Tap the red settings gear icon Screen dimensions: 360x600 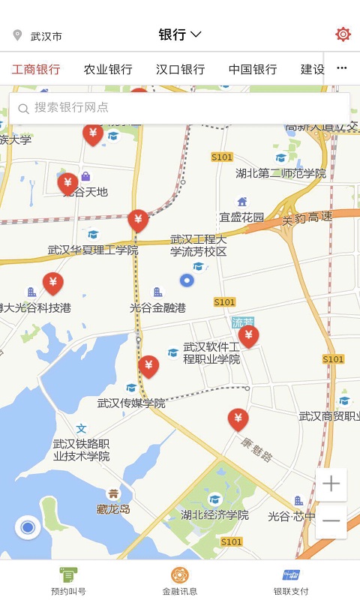343,34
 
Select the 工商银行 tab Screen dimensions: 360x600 36,70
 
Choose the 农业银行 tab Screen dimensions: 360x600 108,70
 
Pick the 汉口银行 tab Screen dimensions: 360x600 180,70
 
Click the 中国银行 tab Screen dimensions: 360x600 253,70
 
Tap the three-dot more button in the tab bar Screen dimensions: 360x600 342,69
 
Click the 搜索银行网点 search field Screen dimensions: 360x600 180,108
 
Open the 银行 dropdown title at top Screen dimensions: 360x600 180,34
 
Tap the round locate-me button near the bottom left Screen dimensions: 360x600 28,528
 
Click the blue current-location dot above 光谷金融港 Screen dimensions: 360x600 187,281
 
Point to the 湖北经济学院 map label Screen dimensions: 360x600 214,515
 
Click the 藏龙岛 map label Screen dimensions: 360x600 113,508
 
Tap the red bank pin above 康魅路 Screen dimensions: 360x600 238,418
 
